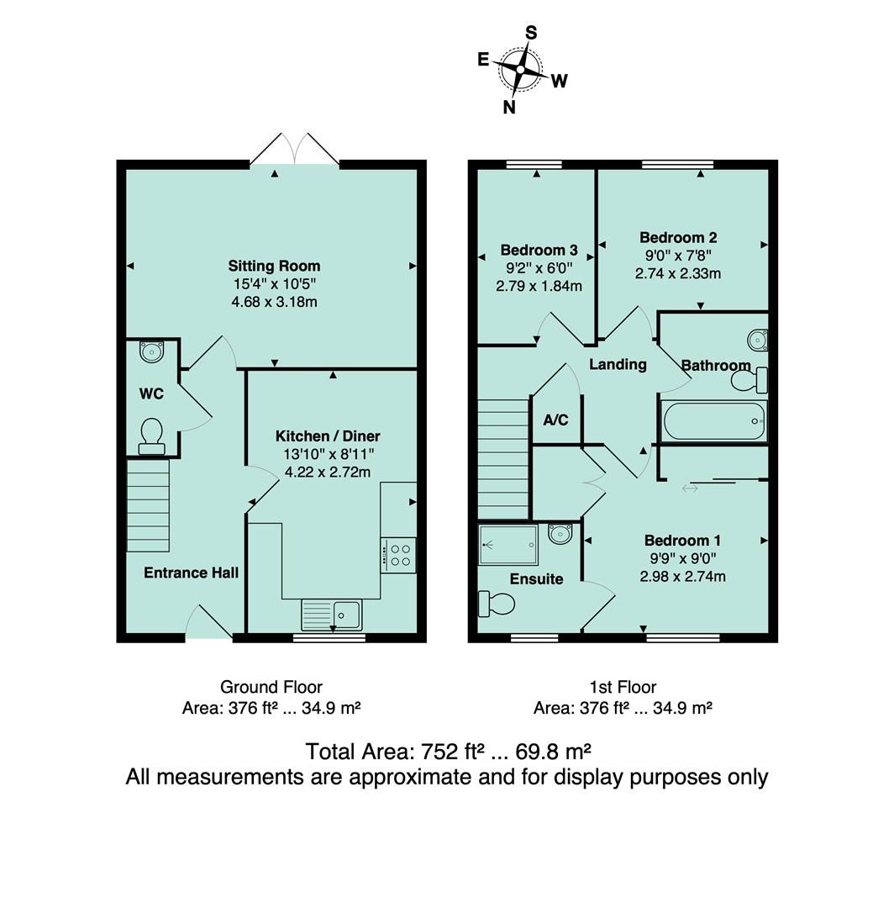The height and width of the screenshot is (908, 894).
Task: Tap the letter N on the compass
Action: (x=509, y=107)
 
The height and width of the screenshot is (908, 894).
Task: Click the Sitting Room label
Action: (x=275, y=267)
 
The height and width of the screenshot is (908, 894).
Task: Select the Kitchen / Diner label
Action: (x=328, y=436)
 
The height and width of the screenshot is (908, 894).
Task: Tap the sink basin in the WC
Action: (x=151, y=351)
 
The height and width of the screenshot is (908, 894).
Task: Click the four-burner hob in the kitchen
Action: (x=398, y=555)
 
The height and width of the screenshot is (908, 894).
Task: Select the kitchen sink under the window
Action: (x=332, y=614)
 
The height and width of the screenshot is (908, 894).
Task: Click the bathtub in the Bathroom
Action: (x=714, y=421)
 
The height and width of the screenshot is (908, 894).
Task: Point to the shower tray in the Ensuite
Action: (x=508, y=543)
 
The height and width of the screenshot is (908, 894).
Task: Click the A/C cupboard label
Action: (x=556, y=420)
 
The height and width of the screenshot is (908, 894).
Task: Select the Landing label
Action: (x=618, y=365)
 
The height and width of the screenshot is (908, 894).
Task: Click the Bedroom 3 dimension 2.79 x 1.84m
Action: (x=539, y=286)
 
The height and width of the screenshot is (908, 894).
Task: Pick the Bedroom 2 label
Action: (x=678, y=238)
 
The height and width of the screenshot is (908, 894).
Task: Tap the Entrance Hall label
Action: (x=192, y=573)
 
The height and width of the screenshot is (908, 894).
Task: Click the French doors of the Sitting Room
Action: (x=294, y=151)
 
